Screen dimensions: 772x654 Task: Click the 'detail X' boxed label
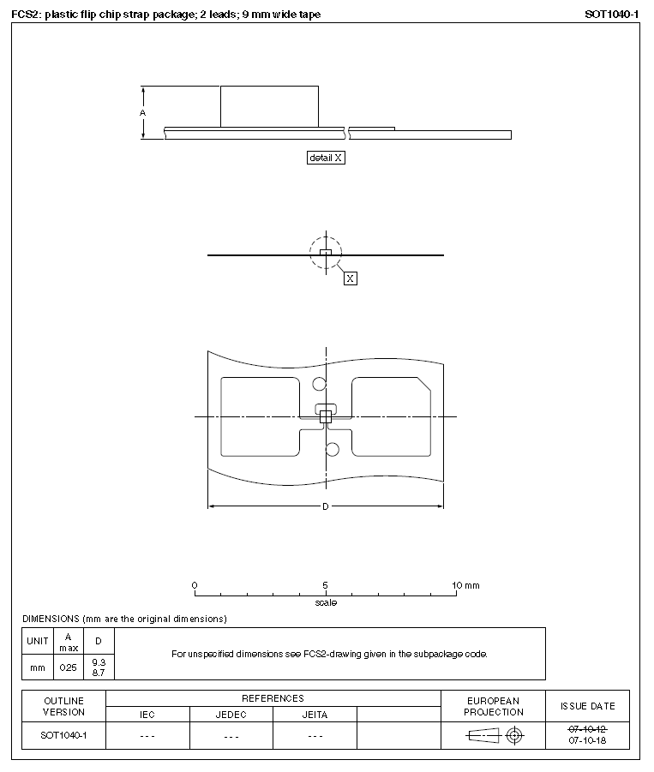click(x=326, y=158)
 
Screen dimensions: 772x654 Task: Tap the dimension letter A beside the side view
click(x=143, y=112)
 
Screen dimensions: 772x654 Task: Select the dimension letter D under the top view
click(x=326, y=506)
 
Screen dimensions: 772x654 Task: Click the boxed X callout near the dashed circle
click(x=350, y=278)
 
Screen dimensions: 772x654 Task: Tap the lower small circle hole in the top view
click(x=333, y=449)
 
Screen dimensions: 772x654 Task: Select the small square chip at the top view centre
click(x=326, y=416)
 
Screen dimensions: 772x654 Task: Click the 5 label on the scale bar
click(x=326, y=585)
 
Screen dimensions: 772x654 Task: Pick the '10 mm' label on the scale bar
click(x=466, y=585)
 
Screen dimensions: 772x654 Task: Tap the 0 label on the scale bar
click(x=195, y=585)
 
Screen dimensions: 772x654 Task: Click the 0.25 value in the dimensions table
click(x=68, y=667)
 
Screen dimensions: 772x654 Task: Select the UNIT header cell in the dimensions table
click(x=38, y=641)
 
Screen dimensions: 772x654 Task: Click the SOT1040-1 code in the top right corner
click(x=612, y=15)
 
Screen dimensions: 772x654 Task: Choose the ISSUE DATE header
click(x=588, y=706)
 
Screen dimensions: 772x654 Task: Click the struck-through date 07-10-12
click(x=588, y=729)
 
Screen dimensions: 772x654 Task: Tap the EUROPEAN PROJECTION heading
click(x=494, y=706)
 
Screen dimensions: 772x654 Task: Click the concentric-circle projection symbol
click(x=514, y=735)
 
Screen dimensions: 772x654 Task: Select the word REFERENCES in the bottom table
click(x=273, y=698)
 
